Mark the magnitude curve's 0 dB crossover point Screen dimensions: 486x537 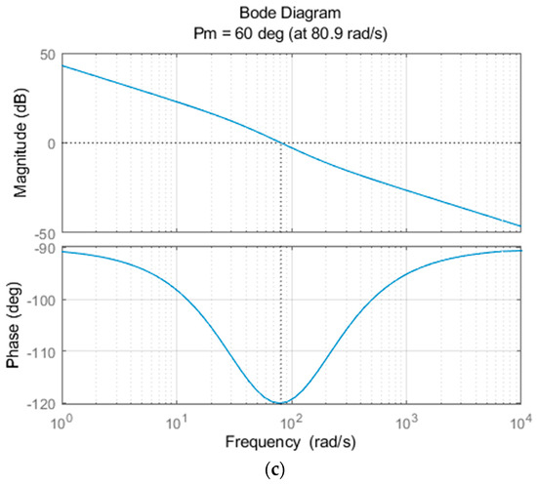point(281,143)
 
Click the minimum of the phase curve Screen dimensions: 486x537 point(281,403)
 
